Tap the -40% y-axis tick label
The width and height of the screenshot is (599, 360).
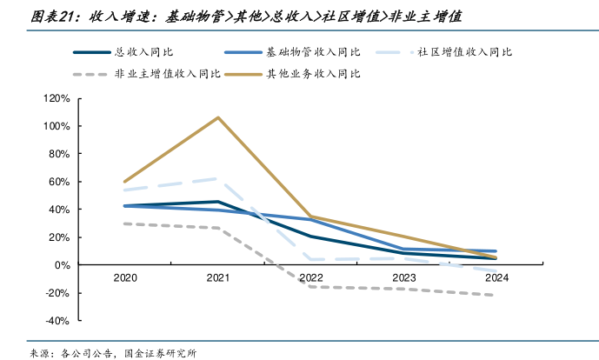pyautogui.click(x=57, y=320)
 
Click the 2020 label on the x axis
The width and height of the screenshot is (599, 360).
pyautogui.click(x=125, y=278)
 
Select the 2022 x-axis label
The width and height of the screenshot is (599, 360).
pyautogui.click(x=310, y=278)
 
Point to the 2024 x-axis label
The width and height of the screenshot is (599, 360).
pyautogui.click(x=496, y=278)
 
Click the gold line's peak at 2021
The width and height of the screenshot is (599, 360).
pyautogui.click(x=218, y=117)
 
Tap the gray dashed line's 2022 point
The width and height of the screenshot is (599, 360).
pyautogui.click(x=310, y=286)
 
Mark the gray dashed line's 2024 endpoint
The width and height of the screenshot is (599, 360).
pyautogui.click(x=496, y=295)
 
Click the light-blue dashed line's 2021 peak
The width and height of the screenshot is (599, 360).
pyautogui.click(x=218, y=178)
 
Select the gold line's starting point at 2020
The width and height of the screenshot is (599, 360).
pyautogui.click(x=125, y=182)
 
